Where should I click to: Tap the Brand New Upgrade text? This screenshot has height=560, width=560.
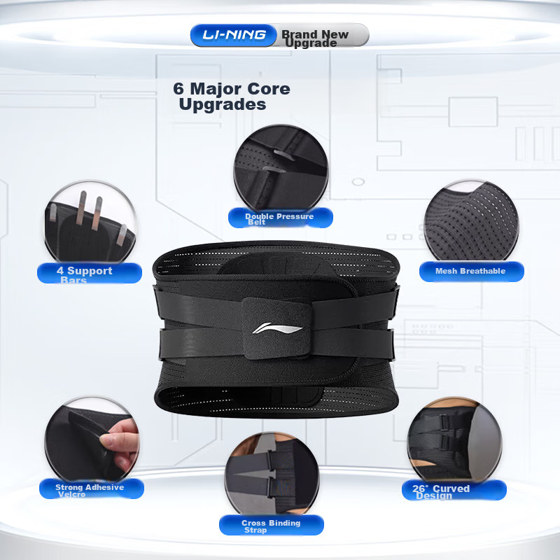[x=315, y=38]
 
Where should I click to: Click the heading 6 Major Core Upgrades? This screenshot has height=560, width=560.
[x=231, y=97]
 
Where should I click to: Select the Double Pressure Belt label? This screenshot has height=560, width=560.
[x=279, y=218]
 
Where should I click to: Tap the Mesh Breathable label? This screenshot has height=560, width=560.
[x=470, y=271]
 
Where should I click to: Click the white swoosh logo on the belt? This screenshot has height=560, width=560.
[x=278, y=329]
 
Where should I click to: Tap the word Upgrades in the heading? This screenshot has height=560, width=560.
[x=223, y=105]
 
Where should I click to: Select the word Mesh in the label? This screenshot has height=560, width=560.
[x=447, y=271]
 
